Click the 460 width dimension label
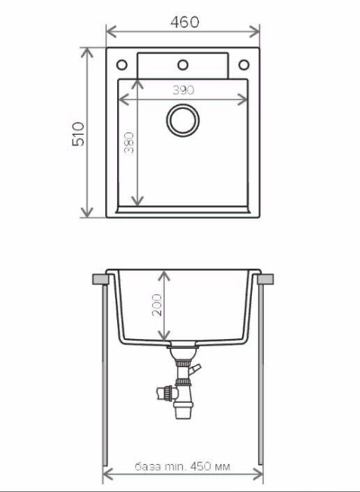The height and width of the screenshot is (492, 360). click(x=184, y=22)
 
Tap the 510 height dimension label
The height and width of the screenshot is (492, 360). click(x=79, y=133)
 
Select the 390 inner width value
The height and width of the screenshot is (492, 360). click(x=182, y=89)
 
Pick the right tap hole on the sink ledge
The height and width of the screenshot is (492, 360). click(x=244, y=64)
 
